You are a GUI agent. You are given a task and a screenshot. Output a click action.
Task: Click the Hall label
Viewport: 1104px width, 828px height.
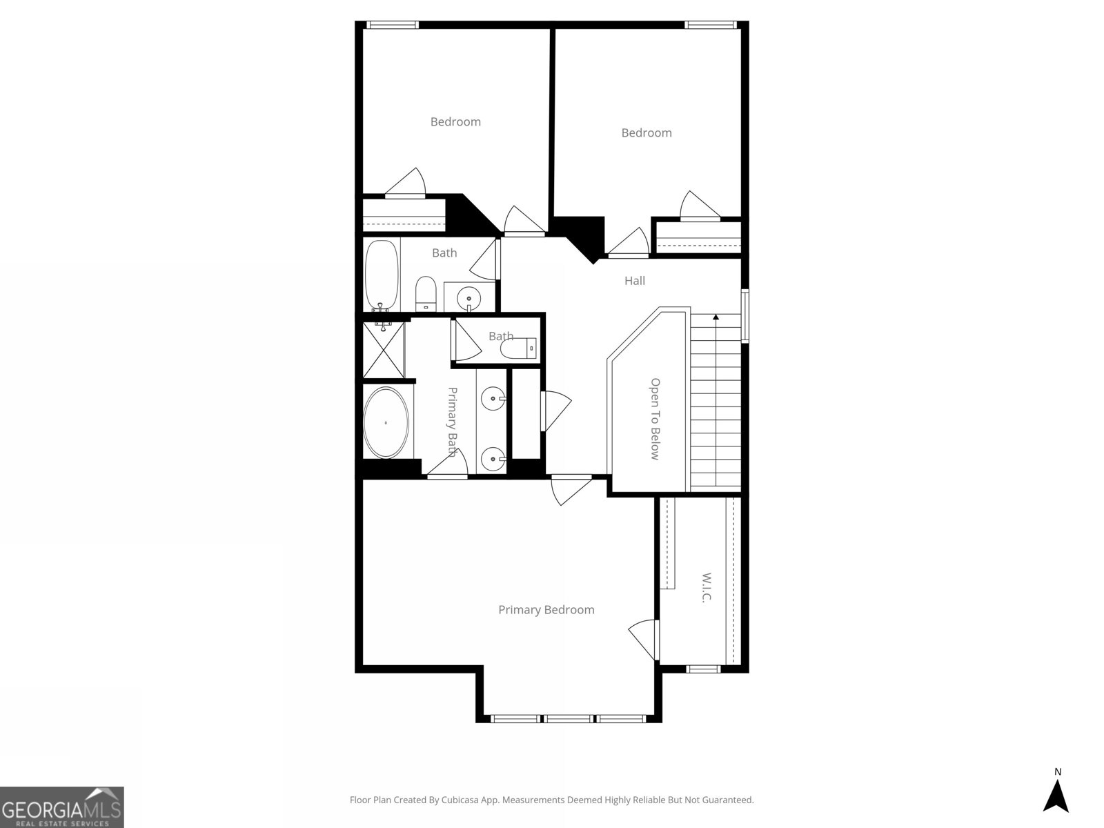(x=635, y=281)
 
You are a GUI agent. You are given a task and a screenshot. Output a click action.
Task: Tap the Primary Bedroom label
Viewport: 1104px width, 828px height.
(x=546, y=610)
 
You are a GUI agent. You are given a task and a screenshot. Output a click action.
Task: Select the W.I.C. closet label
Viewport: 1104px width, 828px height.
(x=705, y=587)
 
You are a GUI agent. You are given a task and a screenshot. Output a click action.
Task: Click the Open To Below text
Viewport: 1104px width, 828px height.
(x=655, y=419)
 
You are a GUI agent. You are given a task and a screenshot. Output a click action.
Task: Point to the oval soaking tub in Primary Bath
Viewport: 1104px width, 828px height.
(x=386, y=423)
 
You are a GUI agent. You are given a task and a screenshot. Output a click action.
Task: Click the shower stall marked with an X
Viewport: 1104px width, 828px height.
(x=382, y=351)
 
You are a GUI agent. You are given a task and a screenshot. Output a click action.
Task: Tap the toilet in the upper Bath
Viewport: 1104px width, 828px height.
(x=426, y=294)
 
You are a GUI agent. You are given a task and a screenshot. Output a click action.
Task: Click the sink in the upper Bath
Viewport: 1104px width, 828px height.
(x=469, y=297)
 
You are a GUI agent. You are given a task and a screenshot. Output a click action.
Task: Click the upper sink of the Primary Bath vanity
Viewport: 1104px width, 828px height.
(x=493, y=398)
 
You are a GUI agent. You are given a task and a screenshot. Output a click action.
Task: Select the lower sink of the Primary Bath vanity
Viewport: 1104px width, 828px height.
(x=493, y=457)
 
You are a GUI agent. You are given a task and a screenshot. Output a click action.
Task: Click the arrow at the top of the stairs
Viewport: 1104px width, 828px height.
(x=716, y=317)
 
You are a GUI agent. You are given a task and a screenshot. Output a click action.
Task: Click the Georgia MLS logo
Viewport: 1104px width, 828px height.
(x=62, y=807)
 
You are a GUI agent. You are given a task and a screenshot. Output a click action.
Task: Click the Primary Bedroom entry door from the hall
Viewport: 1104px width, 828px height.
(x=570, y=489)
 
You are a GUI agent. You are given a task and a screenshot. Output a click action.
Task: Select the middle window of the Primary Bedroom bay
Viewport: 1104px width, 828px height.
(x=569, y=719)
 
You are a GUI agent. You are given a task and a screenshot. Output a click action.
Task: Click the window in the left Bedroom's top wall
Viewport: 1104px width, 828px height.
(x=392, y=25)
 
